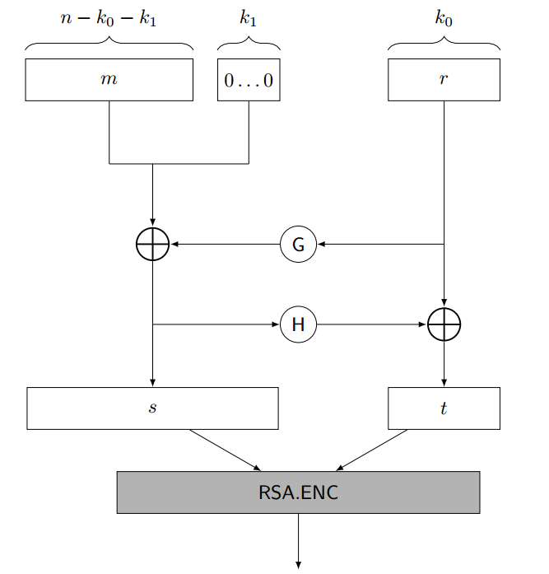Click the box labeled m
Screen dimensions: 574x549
(109, 80)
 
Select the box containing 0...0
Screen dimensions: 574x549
(249, 80)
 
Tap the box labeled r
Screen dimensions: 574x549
(444, 80)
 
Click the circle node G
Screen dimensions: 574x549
(298, 245)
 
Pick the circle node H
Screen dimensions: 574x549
(298, 325)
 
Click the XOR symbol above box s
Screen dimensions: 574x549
(152, 245)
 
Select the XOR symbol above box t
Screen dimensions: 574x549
(444, 325)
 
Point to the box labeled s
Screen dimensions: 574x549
(152, 408)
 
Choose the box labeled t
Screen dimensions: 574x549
(444, 408)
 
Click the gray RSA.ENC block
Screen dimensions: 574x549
(298, 492)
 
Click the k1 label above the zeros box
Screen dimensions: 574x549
(248, 19)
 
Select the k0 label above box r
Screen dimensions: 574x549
(444, 19)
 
